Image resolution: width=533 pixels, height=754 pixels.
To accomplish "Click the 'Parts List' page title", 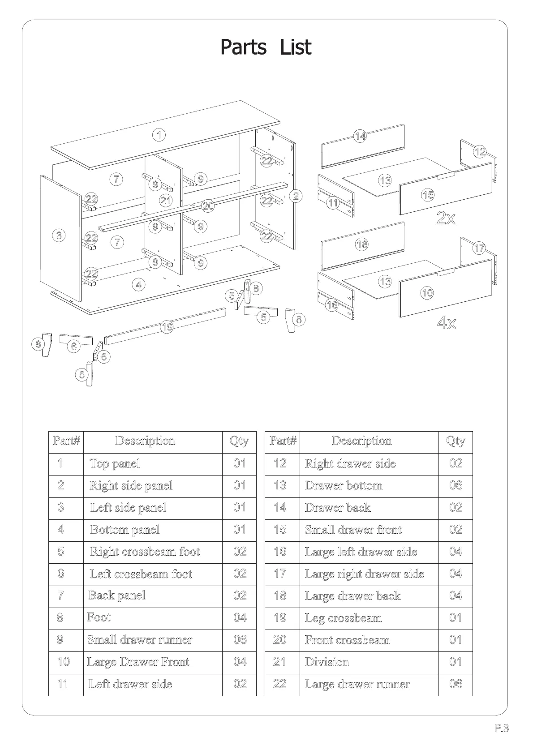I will click(x=266, y=47).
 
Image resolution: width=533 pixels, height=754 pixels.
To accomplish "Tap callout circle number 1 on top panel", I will click(x=159, y=134).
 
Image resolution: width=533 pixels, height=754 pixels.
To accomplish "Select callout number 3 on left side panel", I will click(x=59, y=235).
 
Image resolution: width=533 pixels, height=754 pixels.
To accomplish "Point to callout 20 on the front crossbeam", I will click(x=208, y=206).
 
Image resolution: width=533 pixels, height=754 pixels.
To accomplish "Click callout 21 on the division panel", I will click(x=166, y=200).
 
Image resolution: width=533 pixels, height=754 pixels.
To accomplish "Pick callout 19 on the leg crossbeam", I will click(x=167, y=327).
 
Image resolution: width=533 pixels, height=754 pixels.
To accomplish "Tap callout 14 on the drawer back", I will click(x=361, y=136).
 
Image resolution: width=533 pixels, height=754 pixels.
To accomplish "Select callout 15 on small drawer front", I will click(x=428, y=195).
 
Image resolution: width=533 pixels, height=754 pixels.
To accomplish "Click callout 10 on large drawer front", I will click(x=427, y=293).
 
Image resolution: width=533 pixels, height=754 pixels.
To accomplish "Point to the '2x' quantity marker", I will click(x=446, y=218).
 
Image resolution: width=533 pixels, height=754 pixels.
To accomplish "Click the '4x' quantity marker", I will click(x=447, y=322).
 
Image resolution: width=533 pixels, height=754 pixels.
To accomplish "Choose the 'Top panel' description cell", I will click(x=115, y=463).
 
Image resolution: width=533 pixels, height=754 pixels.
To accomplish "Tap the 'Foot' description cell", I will click(x=99, y=617).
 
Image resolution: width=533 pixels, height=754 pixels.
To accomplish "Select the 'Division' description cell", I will click(x=327, y=662).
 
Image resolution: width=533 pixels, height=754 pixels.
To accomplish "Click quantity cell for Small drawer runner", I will click(x=240, y=639).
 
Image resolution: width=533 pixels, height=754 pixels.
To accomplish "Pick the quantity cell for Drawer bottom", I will click(x=456, y=485).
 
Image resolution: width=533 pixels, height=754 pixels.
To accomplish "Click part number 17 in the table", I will click(x=280, y=574).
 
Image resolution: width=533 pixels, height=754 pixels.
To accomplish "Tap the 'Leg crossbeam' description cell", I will click(x=344, y=618).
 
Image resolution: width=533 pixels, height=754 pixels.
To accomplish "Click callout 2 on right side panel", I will click(x=296, y=196).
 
